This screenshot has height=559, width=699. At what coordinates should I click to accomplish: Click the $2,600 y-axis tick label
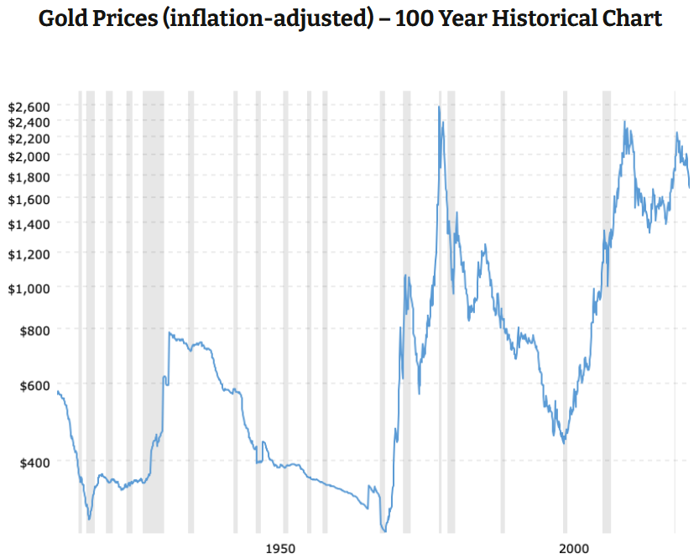coord(29,107)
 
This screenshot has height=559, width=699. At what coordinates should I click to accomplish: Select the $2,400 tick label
coord(29,122)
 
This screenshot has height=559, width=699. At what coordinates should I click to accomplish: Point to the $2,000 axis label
coord(29,156)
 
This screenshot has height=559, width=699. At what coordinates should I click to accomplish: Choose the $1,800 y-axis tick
coord(29,176)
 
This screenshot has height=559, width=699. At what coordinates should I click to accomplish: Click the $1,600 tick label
coord(29,199)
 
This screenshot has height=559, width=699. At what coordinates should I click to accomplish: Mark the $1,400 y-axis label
coord(29,224)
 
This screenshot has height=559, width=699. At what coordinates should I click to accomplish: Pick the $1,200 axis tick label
coord(29,253)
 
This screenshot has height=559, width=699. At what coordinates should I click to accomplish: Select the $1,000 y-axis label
coord(29,288)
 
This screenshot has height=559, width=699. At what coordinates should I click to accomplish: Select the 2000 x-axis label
coord(574,548)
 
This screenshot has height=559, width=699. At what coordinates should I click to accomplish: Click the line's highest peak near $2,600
coord(439,107)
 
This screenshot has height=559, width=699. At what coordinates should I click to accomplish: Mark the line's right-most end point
coord(690,186)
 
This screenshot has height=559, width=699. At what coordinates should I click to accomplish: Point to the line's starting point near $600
coord(56,391)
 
